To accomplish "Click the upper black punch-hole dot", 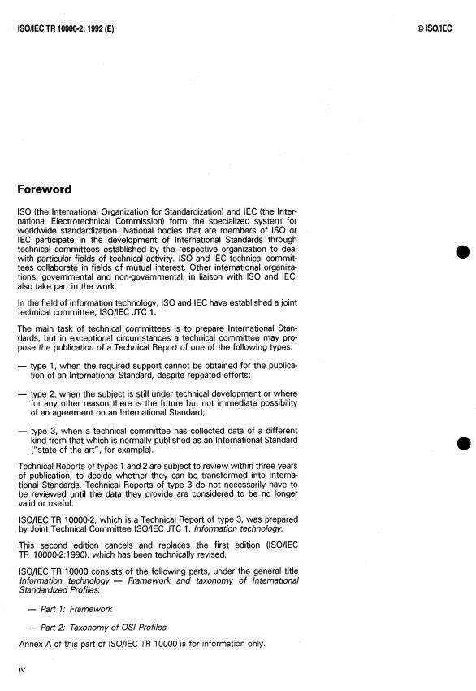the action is pos(464,252).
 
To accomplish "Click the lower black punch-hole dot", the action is pos(464,443).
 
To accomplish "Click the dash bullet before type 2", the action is pos(22,392).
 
